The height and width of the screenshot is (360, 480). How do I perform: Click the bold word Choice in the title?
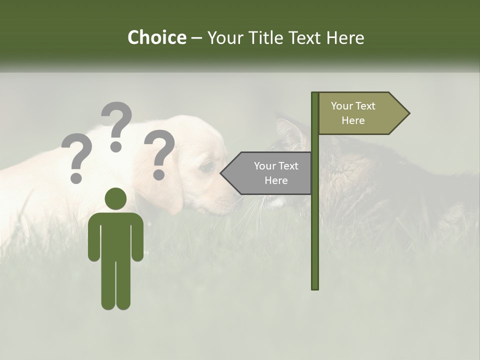pyautogui.click(x=156, y=37)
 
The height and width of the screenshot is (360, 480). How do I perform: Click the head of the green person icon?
pyautogui.click(x=115, y=198)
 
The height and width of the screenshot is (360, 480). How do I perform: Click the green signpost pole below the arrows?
pyautogui.click(x=315, y=240)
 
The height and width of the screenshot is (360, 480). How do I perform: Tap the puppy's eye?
pyautogui.click(x=206, y=167)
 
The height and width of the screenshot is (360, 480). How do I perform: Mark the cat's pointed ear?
pyautogui.click(x=290, y=131)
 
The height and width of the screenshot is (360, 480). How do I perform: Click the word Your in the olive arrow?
pyautogui.click(x=342, y=106)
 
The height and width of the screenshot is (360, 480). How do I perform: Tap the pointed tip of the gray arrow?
pyautogui.click(x=221, y=173)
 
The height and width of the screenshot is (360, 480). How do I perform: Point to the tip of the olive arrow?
pyautogui.click(x=408, y=113)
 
